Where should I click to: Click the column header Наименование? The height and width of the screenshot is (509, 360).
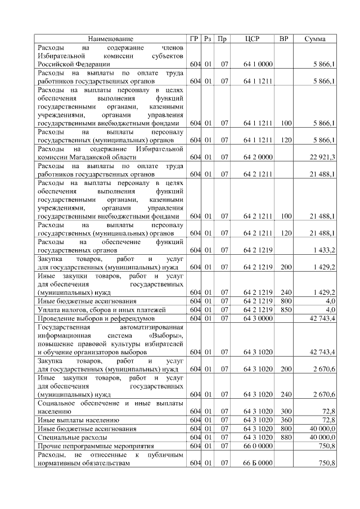(x=111, y=39)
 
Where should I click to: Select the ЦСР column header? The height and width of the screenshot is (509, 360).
(x=252, y=39)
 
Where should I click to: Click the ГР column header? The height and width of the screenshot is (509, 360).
(x=194, y=39)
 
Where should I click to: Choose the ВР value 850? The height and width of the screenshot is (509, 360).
(x=286, y=309)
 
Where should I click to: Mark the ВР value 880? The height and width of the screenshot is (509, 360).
(x=286, y=436)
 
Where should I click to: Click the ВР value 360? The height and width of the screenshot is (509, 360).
(x=286, y=420)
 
